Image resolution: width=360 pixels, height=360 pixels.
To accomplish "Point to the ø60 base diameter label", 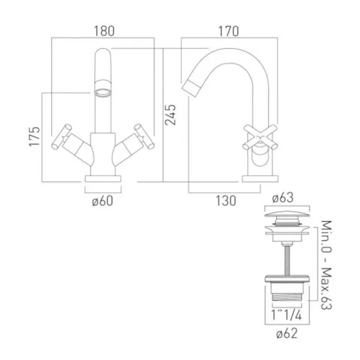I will tap(103, 200).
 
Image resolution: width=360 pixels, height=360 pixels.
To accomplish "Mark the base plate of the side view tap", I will tap(259, 178).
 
